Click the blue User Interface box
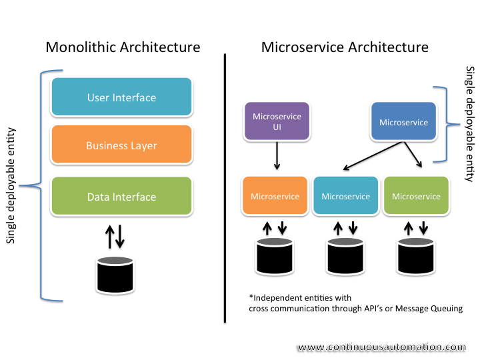(121, 97)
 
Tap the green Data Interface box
(121, 197)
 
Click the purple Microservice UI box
(277, 122)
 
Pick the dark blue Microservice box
(403, 122)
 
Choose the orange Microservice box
(275, 196)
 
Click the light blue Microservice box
(345, 196)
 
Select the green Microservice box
(416, 196)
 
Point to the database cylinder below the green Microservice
(416, 257)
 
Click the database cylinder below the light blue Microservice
(345, 257)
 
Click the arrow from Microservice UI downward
(276, 159)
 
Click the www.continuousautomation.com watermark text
(381, 347)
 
